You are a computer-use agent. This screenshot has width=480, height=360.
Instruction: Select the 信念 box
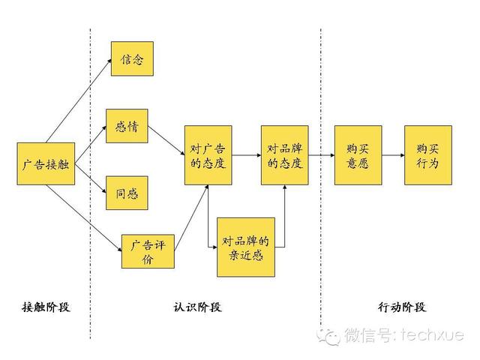(132, 58)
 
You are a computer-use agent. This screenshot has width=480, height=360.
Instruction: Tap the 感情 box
(127, 126)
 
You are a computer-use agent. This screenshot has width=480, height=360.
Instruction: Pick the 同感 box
(127, 193)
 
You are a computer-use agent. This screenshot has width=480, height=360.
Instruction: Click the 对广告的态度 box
(208, 155)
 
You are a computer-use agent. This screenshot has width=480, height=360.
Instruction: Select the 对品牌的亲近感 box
(245, 247)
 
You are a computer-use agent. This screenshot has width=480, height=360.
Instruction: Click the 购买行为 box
(427, 155)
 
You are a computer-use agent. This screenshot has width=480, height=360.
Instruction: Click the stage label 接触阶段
(46, 307)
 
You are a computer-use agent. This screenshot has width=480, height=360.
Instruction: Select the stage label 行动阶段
(402, 307)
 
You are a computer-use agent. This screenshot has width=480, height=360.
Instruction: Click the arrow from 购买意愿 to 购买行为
(392, 155)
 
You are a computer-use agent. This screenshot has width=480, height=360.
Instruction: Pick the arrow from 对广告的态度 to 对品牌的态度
(246, 155)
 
